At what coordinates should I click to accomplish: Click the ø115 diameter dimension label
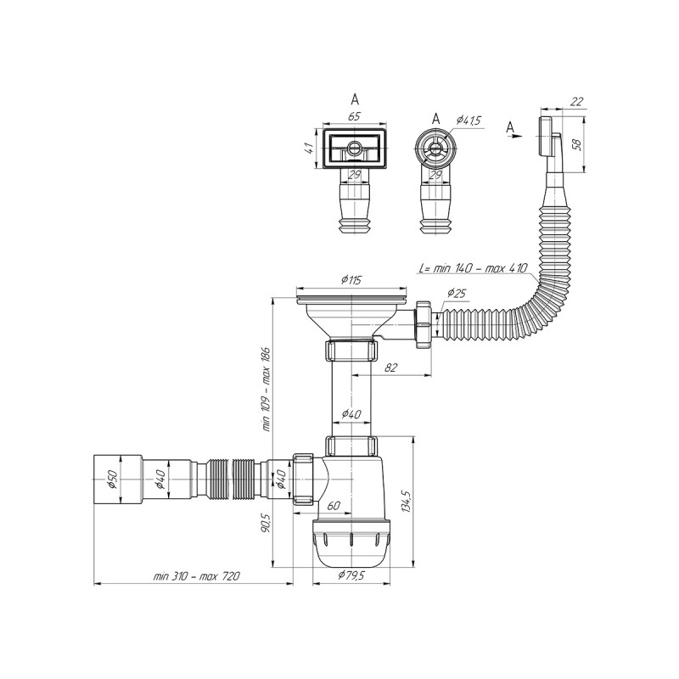pyautogui.click(x=351, y=280)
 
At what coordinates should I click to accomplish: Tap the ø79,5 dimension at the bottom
pyautogui.click(x=351, y=575)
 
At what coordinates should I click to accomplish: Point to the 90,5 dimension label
pyautogui.click(x=265, y=523)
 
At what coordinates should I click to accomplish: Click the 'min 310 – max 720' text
pyautogui.click(x=196, y=576)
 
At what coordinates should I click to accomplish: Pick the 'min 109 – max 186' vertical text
pyautogui.click(x=266, y=389)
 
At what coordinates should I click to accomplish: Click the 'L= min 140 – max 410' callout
pyautogui.click(x=473, y=268)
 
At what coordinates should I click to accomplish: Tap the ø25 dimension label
pyautogui.click(x=456, y=293)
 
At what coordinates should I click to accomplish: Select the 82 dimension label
pyautogui.click(x=390, y=368)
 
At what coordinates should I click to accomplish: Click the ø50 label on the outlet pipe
pyautogui.click(x=112, y=479)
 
